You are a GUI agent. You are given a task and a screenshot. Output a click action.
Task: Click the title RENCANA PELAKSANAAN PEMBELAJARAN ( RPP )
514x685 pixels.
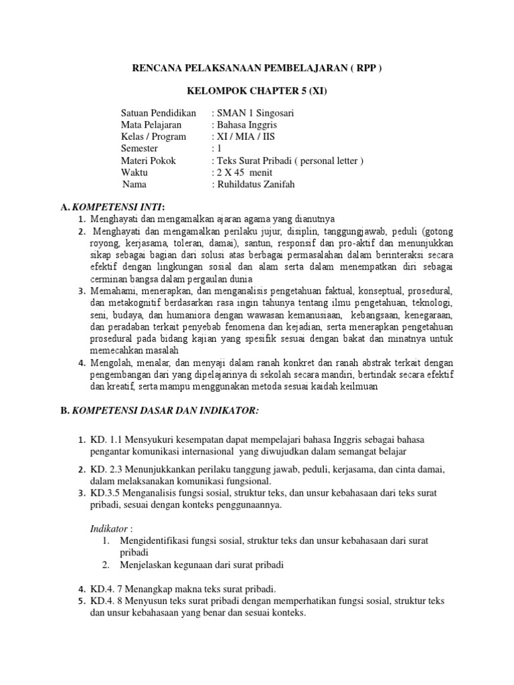256,68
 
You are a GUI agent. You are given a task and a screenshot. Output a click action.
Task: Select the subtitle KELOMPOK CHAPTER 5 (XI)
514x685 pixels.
257,91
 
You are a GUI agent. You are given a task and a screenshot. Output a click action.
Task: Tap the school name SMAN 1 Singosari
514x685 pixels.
248,113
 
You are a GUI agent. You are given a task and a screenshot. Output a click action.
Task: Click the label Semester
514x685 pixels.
140,149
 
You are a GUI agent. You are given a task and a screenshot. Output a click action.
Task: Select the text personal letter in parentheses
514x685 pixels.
327,161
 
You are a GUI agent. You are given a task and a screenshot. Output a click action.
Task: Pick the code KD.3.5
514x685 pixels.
104,493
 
